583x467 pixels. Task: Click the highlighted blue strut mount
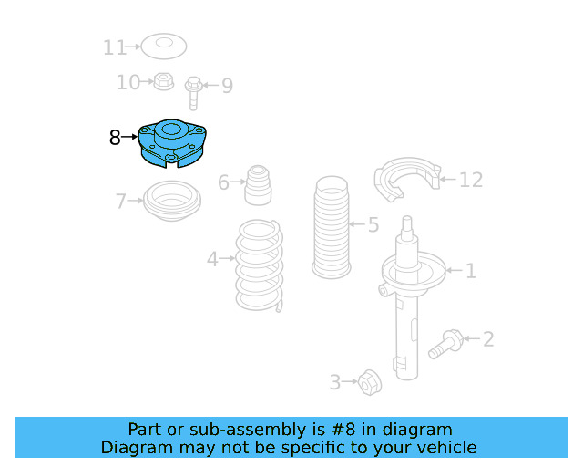pyautogui.click(x=172, y=144)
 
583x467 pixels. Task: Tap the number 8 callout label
pyautogui.click(x=114, y=138)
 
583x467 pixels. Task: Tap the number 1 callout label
pyautogui.click(x=470, y=270)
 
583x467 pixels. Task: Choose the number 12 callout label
pyautogui.click(x=470, y=180)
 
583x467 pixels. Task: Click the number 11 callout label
pyautogui.click(x=115, y=47)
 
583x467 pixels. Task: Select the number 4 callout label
pyautogui.click(x=212, y=260)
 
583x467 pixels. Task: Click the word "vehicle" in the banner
pyautogui.click(x=445, y=447)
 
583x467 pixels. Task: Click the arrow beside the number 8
pyautogui.click(x=129, y=137)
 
